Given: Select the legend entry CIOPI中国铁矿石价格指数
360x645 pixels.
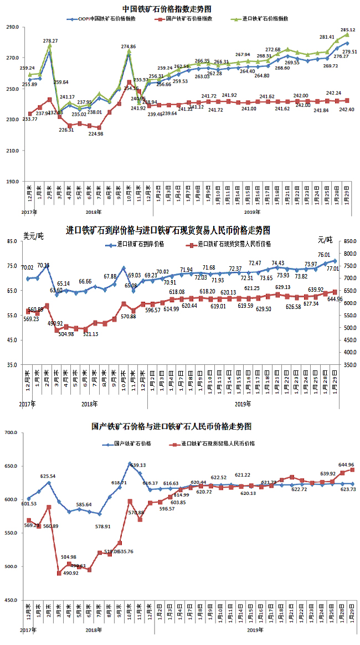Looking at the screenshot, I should [103, 18].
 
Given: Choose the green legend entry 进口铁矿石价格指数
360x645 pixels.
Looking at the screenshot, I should [268, 18].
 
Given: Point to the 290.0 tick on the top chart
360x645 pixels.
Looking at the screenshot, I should [12, 27].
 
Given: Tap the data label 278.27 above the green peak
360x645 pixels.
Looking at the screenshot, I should [50, 41].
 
